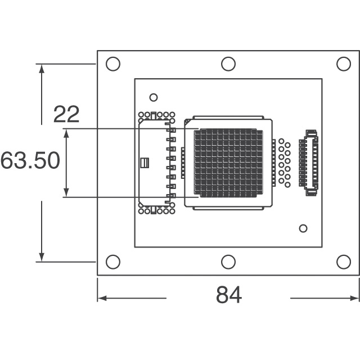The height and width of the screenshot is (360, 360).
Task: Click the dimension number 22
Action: click(66, 114)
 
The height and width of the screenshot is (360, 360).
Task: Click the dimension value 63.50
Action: click(30, 160)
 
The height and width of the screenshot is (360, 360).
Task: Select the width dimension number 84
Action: click(229, 295)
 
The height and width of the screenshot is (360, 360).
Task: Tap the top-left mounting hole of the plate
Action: click(113, 64)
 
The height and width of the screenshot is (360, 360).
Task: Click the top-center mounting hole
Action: click(228, 64)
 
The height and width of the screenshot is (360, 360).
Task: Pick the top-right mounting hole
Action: click(344, 64)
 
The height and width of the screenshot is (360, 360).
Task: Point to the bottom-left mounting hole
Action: click(113, 262)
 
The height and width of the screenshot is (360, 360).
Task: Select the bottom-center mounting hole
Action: click(228, 262)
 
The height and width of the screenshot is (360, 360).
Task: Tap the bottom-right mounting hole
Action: click(344, 262)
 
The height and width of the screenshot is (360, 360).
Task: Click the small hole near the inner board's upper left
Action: click(154, 97)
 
